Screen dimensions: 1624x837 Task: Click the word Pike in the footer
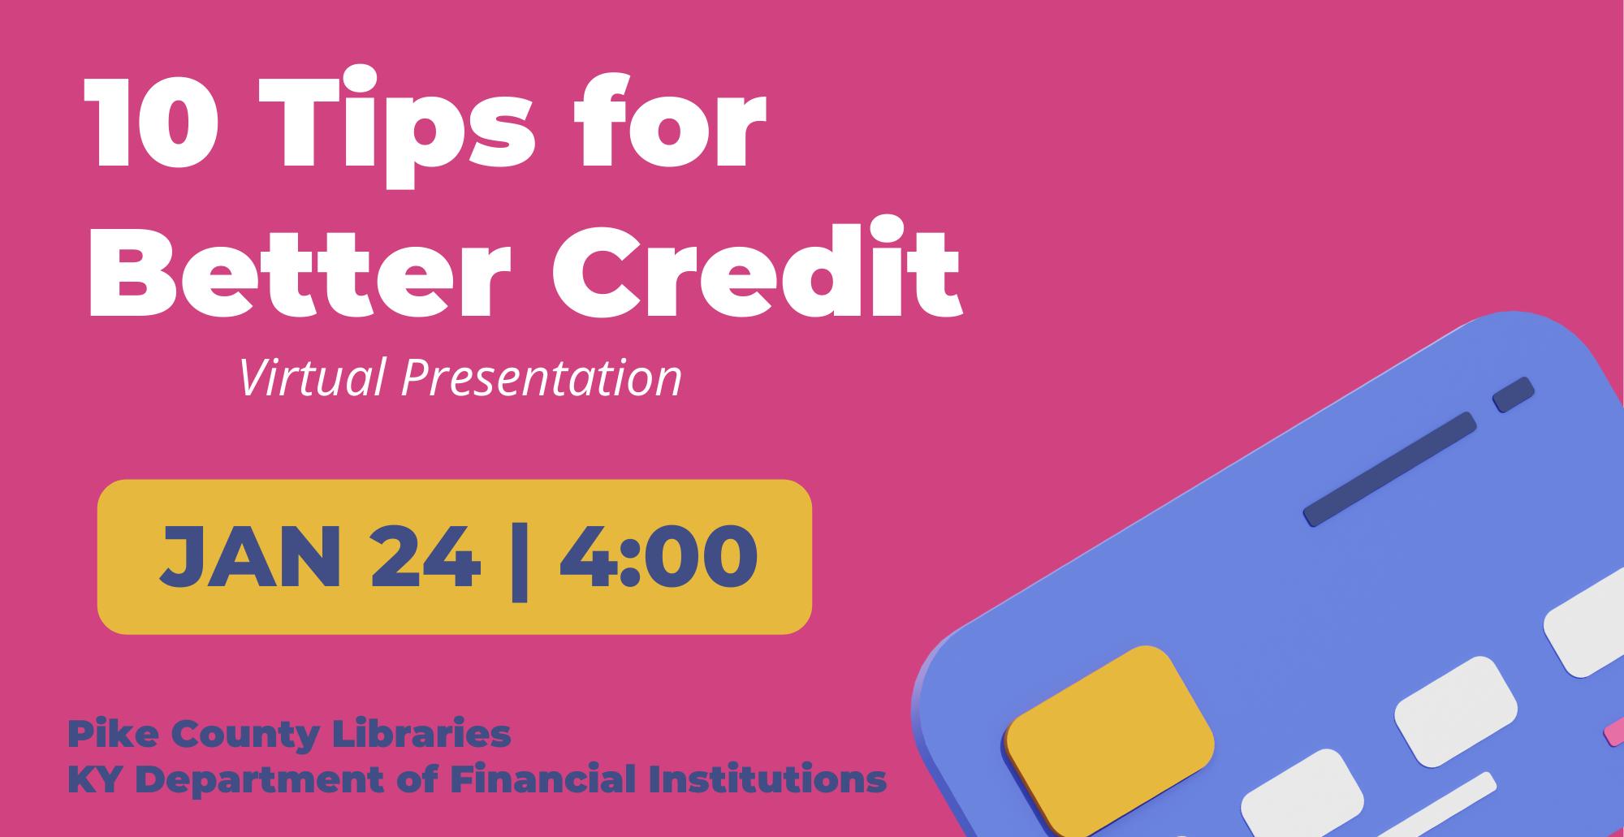101,734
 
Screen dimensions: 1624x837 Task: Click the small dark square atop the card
1514,395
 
